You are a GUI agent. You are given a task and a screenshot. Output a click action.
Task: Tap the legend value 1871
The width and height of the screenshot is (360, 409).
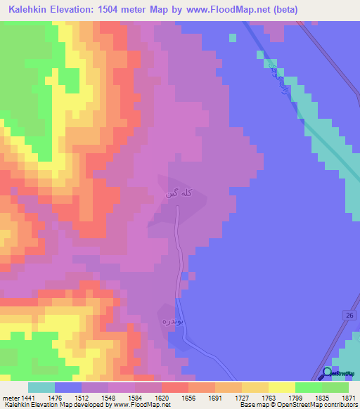(349, 397)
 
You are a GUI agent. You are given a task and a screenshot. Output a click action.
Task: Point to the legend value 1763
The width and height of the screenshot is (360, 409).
(269, 397)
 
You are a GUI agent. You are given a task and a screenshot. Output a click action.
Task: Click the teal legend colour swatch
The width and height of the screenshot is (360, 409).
(41, 387)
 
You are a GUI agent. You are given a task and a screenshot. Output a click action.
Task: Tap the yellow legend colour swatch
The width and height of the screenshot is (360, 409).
(281, 387)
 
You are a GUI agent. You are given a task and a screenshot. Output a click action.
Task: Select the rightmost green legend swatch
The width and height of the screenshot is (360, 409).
(335, 387)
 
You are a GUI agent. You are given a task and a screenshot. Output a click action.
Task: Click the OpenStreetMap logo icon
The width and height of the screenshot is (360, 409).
(327, 373)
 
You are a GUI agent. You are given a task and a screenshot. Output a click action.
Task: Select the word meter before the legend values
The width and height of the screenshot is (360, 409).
(11, 397)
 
